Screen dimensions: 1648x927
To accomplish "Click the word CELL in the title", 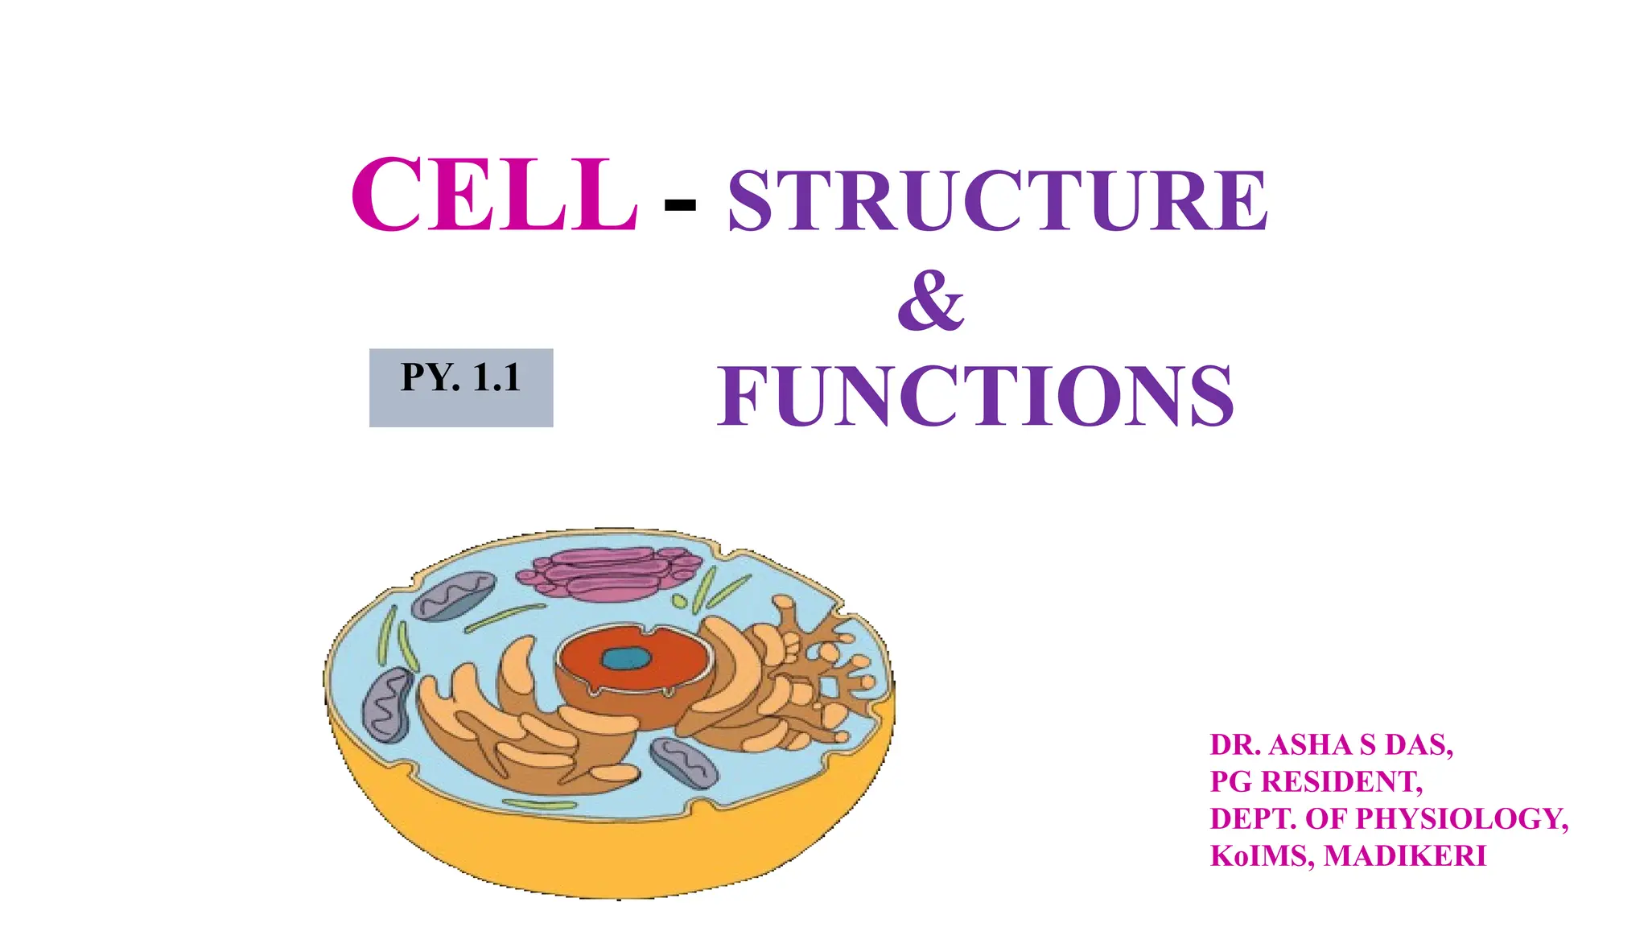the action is click(494, 196).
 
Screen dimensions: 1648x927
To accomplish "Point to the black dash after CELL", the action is click(680, 206).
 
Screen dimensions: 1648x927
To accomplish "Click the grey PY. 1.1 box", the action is click(461, 387).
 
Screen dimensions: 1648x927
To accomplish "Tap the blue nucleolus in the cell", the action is click(626, 659).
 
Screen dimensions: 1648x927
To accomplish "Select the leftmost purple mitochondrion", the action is click(389, 704).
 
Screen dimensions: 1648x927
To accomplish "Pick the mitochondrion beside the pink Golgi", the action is click(455, 595).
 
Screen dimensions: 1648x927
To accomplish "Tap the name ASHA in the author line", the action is click(1311, 745).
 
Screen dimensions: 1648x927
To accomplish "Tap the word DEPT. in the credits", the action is click(1252, 819).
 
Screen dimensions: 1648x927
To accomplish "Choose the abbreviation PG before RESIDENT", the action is click(1231, 782).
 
